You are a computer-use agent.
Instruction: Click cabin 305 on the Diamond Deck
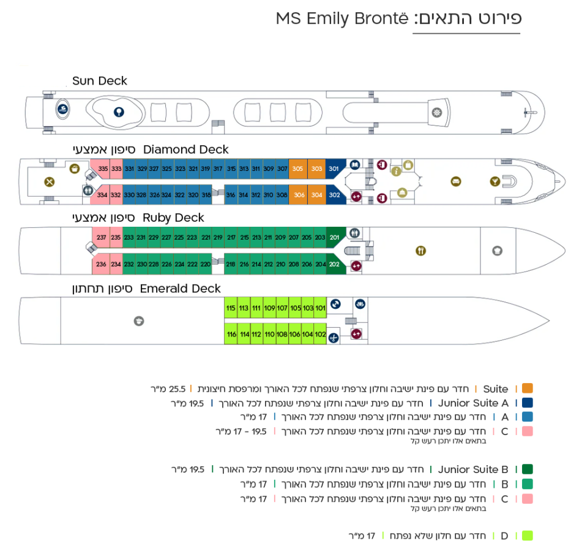click(297, 169)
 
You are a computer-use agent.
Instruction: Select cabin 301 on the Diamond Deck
click(334, 169)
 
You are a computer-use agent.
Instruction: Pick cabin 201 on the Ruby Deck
click(334, 237)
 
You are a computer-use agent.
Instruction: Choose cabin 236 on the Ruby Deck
click(100, 264)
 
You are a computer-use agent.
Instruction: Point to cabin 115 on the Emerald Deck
click(231, 308)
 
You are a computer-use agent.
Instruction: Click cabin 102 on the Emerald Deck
click(320, 334)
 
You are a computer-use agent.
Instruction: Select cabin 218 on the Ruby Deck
click(230, 264)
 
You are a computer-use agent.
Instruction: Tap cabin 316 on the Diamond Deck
click(230, 195)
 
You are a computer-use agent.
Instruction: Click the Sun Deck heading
click(100, 81)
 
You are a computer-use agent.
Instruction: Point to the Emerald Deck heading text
click(180, 289)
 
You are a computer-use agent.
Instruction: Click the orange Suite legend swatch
click(528, 389)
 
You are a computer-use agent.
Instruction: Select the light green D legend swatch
click(528, 536)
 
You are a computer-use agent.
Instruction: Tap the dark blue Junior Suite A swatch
click(528, 403)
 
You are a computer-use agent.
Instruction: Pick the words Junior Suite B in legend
click(473, 469)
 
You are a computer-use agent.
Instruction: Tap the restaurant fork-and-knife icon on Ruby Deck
click(420, 251)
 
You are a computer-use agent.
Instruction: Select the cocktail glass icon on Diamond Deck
click(495, 181)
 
